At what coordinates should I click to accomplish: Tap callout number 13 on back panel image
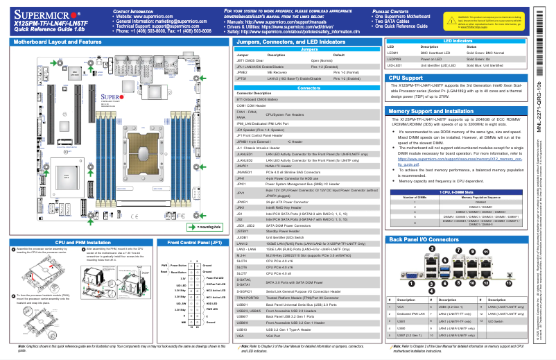coord(510,284)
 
